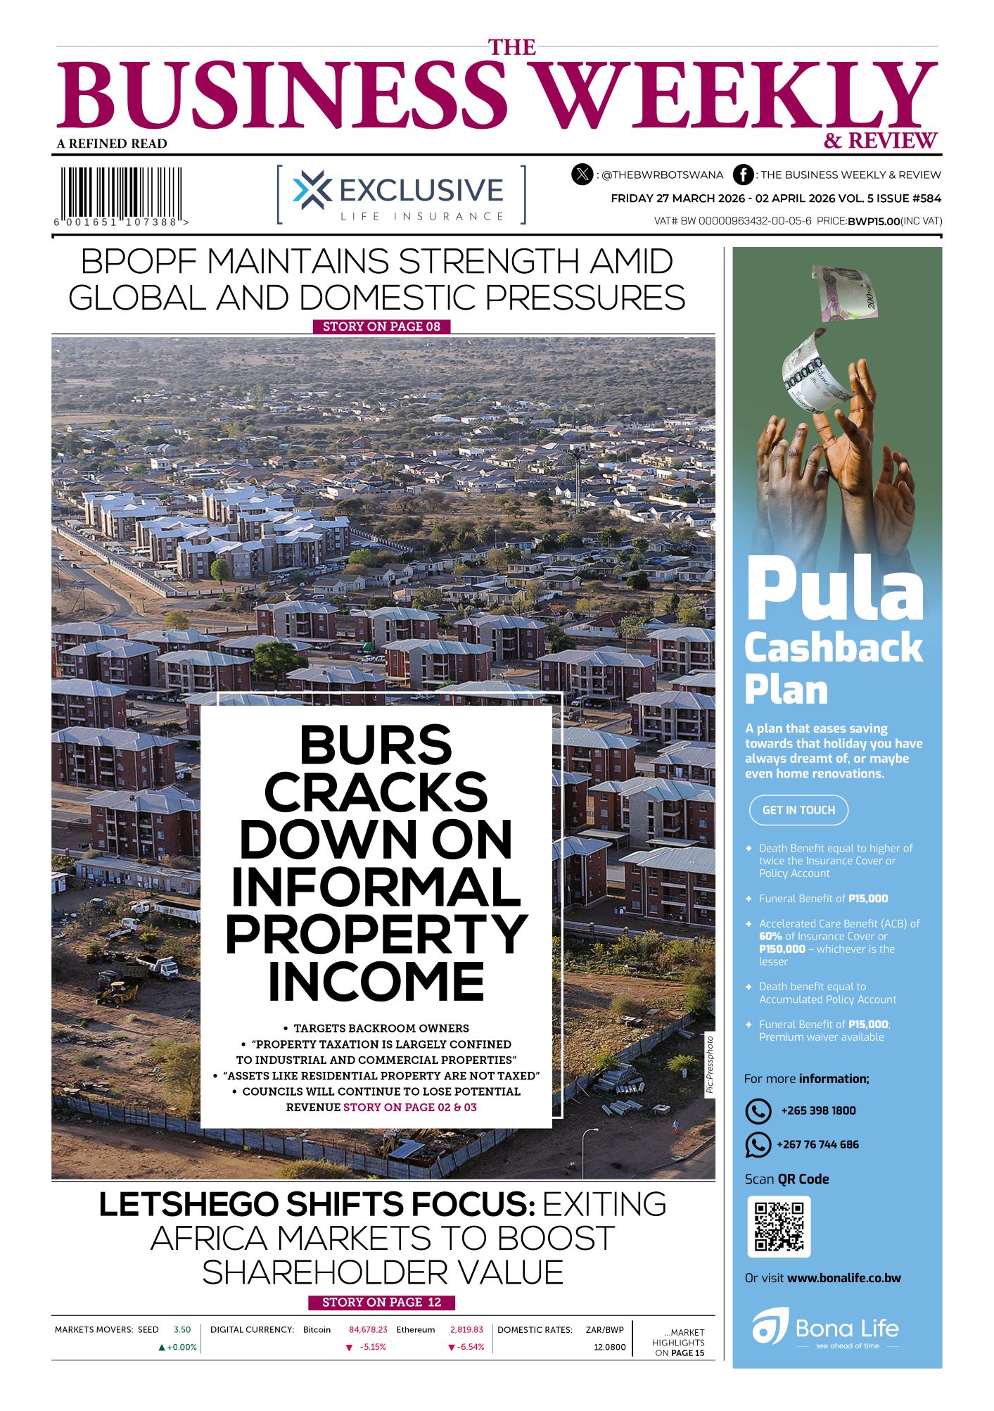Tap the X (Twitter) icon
[582, 175]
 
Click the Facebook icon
[743, 175]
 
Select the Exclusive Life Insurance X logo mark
[312, 190]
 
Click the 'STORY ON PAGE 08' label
[381, 327]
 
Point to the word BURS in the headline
[376, 745]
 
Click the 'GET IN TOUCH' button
[798, 810]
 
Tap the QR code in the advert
[779, 1227]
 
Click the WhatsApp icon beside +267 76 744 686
[758, 1145]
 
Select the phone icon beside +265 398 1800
[758, 1111]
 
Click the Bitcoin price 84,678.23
[368, 1330]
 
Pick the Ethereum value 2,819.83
[466, 1330]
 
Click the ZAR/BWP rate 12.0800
[609, 1347]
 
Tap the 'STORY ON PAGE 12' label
[381, 1303]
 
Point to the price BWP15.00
[874, 222]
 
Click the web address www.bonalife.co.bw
[843, 1278]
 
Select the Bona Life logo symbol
[770, 1327]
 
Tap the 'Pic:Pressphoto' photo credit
[710, 1065]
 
